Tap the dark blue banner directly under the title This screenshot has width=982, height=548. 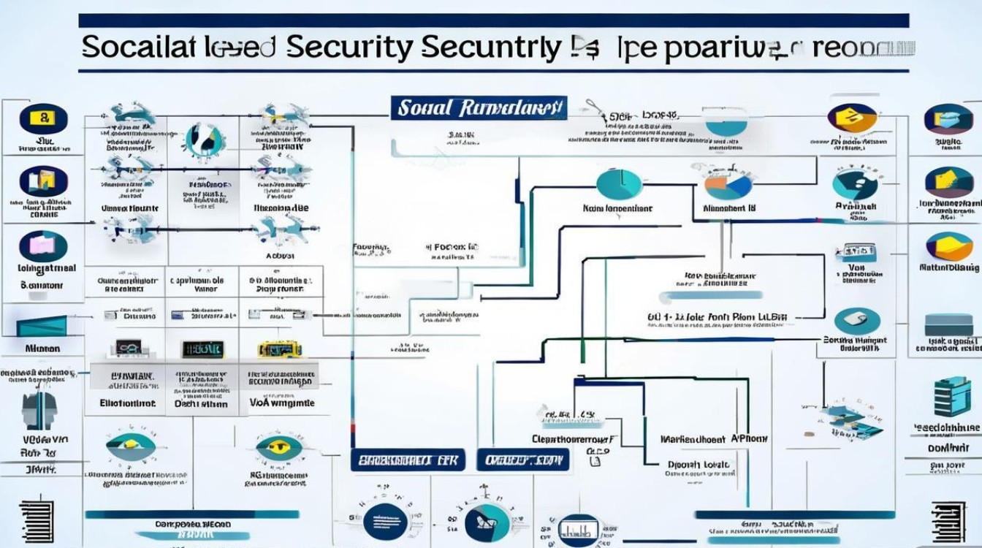tap(478, 108)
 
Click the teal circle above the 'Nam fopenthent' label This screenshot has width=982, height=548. tap(618, 183)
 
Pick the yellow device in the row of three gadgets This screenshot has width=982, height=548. tap(279, 349)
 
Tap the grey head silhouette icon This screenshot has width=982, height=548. tap(39, 411)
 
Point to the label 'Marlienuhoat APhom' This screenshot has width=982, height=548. tap(713, 439)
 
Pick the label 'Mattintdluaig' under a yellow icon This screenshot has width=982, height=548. tap(949, 268)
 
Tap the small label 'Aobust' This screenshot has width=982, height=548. tap(279, 256)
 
